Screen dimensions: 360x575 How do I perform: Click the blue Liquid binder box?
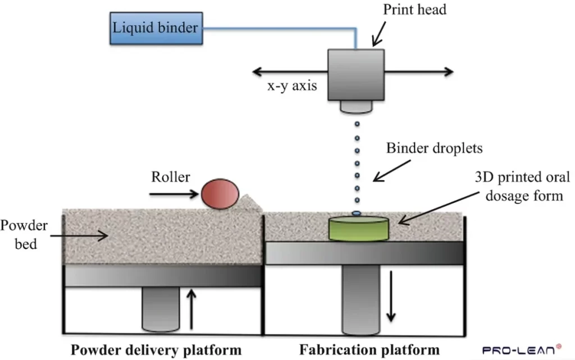click(156, 28)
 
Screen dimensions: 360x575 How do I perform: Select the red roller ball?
click(220, 194)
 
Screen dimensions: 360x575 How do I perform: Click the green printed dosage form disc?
click(359, 229)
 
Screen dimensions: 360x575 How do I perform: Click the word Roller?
click(171, 177)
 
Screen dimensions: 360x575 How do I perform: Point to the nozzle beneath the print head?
click(357, 106)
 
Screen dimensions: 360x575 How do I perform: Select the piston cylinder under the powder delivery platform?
click(159, 309)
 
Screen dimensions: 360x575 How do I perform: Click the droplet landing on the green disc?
click(356, 213)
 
